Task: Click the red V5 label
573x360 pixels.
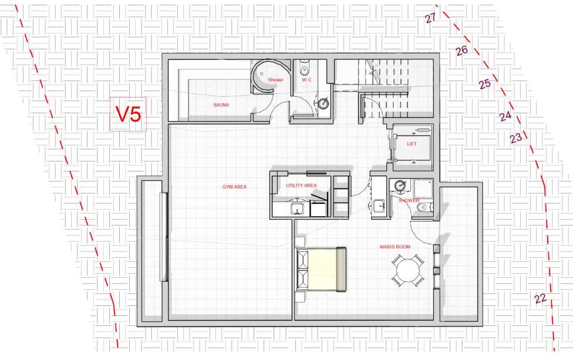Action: pos(127,114)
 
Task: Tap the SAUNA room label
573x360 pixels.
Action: pos(221,105)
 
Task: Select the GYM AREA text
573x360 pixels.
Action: pos(234,187)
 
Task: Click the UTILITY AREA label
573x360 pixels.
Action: pos(301,186)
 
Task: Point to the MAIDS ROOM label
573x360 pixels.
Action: pos(395,247)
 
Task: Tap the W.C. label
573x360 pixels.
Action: pos(306,80)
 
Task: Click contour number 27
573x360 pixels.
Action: pos(430,18)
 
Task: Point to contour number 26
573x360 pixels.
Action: pos(461,51)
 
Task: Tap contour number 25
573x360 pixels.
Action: pos(484,84)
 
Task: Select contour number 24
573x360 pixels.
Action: pos(505,116)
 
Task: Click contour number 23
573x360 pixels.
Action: pos(515,139)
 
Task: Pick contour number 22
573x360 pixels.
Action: pos(541,299)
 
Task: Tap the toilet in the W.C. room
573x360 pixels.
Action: pos(304,69)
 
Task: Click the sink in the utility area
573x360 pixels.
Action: pos(298,208)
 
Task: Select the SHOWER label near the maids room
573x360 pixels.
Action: pos(409,200)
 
